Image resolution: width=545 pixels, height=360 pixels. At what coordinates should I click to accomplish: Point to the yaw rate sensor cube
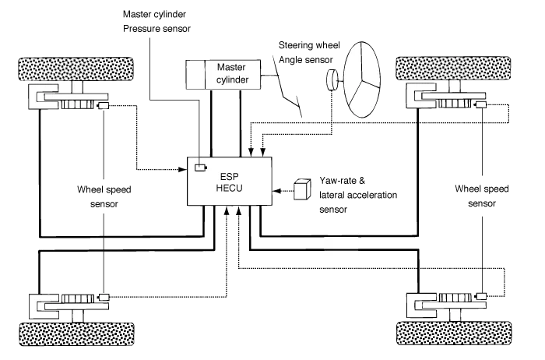(x=301, y=189)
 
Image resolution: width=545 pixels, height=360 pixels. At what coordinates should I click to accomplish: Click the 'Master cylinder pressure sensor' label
(x=156, y=21)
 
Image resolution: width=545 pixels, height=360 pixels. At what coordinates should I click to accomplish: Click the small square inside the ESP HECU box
(x=200, y=168)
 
